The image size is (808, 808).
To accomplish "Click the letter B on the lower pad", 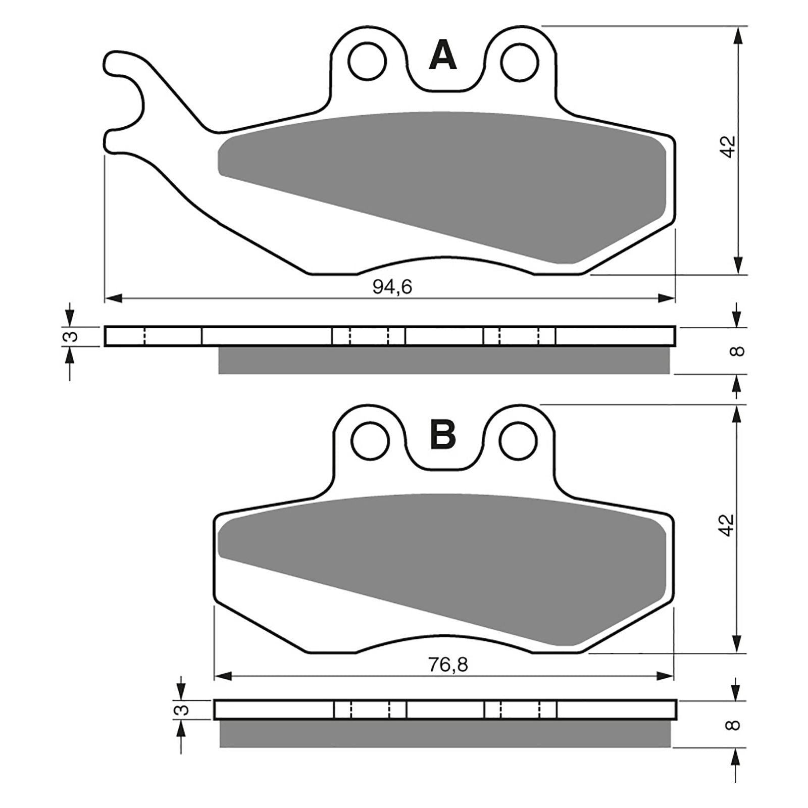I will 443,435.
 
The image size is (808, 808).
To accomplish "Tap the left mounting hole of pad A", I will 367,61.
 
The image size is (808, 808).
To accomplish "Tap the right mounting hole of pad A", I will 520,61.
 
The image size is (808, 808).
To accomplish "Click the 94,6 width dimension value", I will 392,287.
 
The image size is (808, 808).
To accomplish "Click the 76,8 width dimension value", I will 448,665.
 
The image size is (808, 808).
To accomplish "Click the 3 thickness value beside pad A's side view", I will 72,336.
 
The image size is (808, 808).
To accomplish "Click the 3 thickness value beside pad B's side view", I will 183,710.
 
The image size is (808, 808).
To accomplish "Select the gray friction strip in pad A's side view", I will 444,360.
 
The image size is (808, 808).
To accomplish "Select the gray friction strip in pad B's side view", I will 444,733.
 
